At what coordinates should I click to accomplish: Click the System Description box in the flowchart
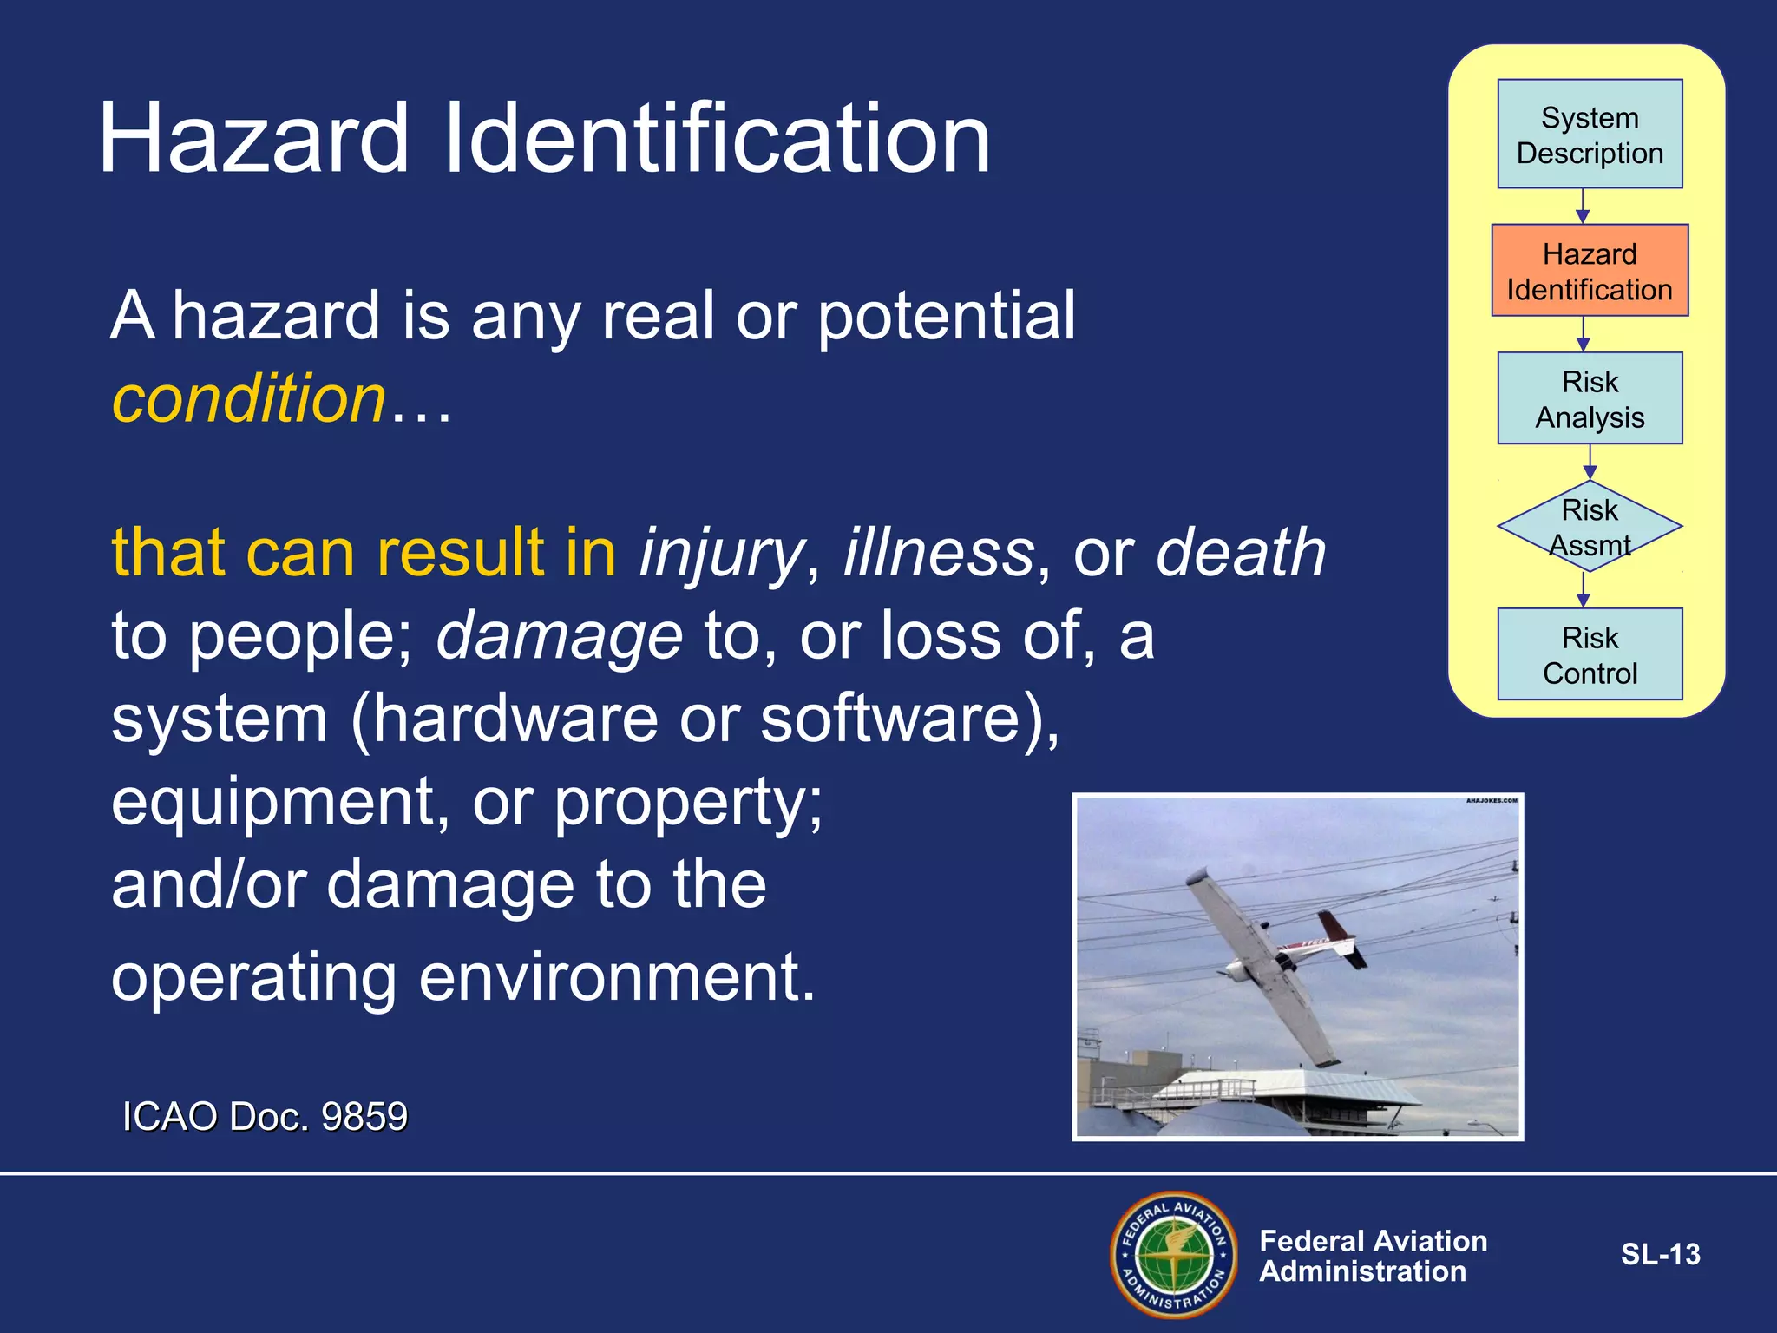tap(1590, 135)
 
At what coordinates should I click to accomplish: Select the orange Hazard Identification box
tap(1590, 271)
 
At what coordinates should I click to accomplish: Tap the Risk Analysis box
tap(1590, 398)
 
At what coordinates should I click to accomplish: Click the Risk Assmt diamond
tap(1590, 526)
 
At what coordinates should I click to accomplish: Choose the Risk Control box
tap(1590, 654)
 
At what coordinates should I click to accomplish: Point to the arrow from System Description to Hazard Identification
tap(1583, 207)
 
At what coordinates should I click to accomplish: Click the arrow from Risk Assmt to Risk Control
tap(1583, 590)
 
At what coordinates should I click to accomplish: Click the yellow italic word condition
tap(249, 399)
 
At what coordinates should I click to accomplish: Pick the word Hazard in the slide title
tap(253, 139)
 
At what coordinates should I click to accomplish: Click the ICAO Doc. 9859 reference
tap(265, 1116)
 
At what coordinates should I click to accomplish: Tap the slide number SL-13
tap(1660, 1254)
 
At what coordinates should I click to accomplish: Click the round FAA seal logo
tap(1174, 1254)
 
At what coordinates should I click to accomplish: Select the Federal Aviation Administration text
tap(1373, 1256)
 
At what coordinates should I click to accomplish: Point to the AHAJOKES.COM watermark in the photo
tap(1492, 801)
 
